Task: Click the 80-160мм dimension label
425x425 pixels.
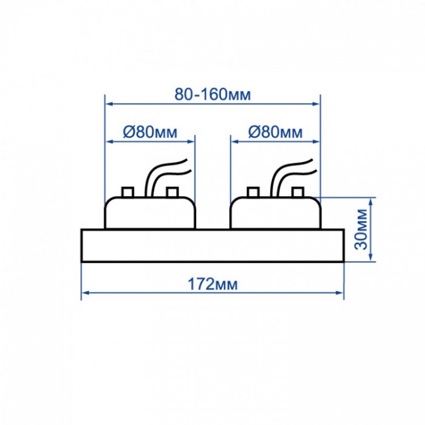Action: [212, 94]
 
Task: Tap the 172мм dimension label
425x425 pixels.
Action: [212, 284]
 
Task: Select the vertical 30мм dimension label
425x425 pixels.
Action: [361, 229]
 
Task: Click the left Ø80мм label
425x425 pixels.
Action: [150, 132]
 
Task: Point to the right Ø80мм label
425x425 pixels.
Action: [275, 132]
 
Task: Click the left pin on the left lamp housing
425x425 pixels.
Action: [127, 192]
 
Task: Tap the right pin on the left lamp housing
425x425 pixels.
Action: [172, 192]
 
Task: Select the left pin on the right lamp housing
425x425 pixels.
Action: [253, 192]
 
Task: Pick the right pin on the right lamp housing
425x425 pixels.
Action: [297, 192]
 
